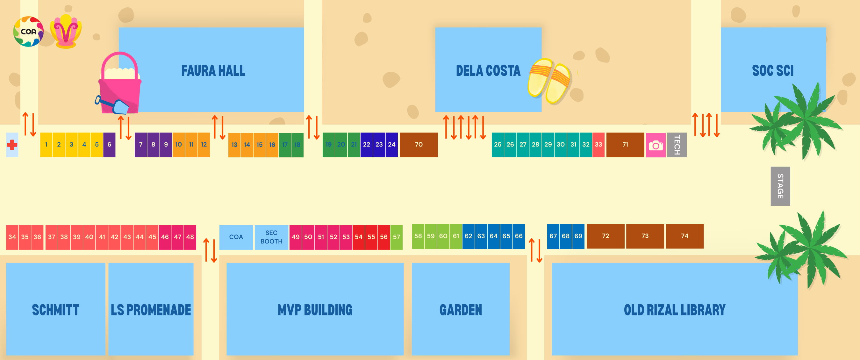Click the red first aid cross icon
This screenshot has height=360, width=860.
pyautogui.click(x=12, y=145)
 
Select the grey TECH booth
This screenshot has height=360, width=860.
pyautogui.click(x=677, y=145)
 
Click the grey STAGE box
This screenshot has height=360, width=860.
pyautogui.click(x=780, y=186)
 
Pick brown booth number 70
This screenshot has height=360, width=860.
pyautogui.click(x=419, y=145)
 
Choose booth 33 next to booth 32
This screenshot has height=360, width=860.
pyautogui.click(x=598, y=145)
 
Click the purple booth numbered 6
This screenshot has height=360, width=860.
pyautogui.click(x=109, y=145)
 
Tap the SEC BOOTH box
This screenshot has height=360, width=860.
pyautogui.click(x=271, y=237)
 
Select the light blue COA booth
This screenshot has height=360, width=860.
pyautogui.click(x=236, y=237)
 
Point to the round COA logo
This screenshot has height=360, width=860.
pyautogui.click(x=28, y=32)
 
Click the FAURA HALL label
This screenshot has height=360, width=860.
pyautogui.click(x=213, y=71)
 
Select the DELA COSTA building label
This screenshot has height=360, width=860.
pyautogui.click(x=488, y=71)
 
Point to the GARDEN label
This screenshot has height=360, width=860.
pyautogui.click(x=460, y=310)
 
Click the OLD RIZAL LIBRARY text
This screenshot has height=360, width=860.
pyautogui.click(x=674, y=310)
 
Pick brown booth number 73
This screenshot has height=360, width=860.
pyautogui.click(x=645, y=236)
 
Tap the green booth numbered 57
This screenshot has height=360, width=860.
pyautogui.click(x=396, y=237)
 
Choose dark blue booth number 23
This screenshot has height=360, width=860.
pyautogui.click(x=379, y=145)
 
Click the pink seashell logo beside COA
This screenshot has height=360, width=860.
pyautogui.click(x=66, y=32)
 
